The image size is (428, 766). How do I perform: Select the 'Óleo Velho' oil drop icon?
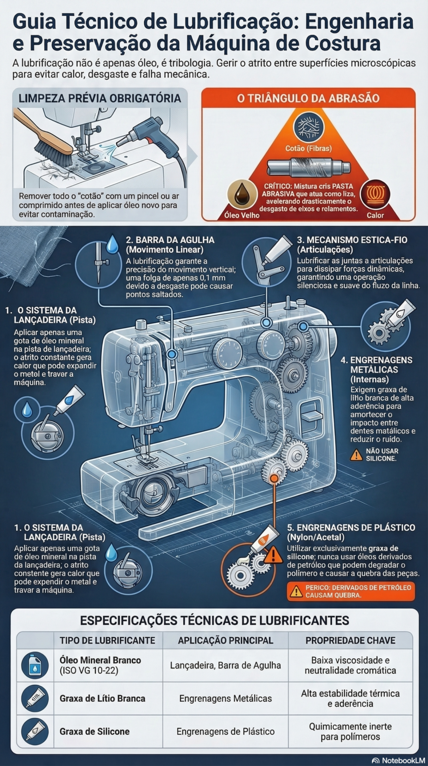click(242, 194)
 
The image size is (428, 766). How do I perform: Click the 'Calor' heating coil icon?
click(375, 194)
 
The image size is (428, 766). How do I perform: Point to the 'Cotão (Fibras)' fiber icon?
click(308, 127)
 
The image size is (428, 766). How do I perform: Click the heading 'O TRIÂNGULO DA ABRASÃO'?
click(308, 98)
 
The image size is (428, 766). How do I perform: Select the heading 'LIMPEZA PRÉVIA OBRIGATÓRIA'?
click(100, 98)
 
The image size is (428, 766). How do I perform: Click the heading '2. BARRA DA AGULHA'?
click(170, 240)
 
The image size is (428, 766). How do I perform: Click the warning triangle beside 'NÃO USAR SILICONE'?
click(356, 454)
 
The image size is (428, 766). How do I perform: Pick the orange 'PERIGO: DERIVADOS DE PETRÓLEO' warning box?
click(351, 591)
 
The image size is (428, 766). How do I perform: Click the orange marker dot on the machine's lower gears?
click(274, 478)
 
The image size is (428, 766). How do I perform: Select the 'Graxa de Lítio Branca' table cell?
click(103, 699)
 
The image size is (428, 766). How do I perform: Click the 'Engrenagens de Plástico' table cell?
click(226, 732)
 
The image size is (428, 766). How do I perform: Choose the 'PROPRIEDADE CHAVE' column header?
click(350, 640)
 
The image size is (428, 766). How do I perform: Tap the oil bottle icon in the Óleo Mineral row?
click(35, 665)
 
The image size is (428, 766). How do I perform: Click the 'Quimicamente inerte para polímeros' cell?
click(350, 732)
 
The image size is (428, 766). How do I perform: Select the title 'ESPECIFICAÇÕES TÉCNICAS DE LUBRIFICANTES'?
click(214, 620)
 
